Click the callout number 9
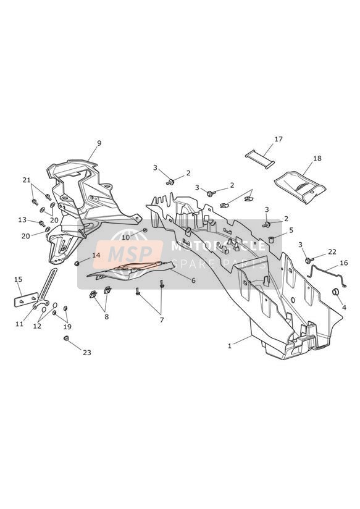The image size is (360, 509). (x=99, y=143)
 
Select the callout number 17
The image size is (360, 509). (x=278, y=139)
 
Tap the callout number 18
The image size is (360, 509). (x=317, y=158)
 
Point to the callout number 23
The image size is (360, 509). (x=87, y=353)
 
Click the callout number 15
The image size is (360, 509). (x=18, y=279)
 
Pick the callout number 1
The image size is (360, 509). (x=230, y=346)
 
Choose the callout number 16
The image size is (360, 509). (x=344, y=263)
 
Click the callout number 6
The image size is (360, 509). (x=193, y=280)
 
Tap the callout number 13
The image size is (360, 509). (x=22, y=220)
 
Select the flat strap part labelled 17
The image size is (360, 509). (x=260, y=159)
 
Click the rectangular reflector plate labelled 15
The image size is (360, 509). (x=26, y=300)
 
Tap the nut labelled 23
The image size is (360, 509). (x=66, y=339)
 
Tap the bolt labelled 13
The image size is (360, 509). (x=41, y=224)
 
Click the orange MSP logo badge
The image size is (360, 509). (x=128, y=254)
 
